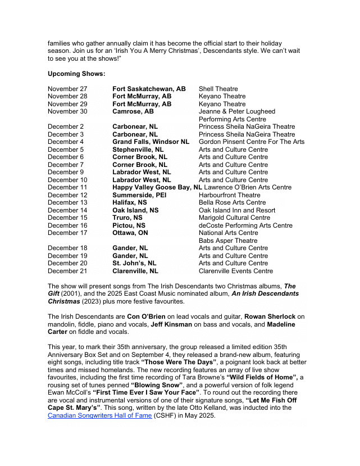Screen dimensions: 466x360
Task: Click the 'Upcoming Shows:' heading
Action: pos(76,74)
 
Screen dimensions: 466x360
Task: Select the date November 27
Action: pos(67,89)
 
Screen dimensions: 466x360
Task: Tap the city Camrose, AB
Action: pos(133,112)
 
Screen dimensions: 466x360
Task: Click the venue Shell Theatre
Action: pos(218,89)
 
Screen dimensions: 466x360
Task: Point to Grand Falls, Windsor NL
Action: pos(151,142)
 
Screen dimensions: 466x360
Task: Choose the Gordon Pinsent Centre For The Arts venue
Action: pos(251,142)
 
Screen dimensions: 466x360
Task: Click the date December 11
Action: pos(67,188)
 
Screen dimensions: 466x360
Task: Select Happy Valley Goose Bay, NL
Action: pos(157,188)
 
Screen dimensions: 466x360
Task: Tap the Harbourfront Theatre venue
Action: pos(229,195)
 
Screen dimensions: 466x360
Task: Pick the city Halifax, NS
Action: pos(129,203)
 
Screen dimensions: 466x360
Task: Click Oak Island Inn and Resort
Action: pos(237,210)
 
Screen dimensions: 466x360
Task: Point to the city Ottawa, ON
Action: pos(130,233)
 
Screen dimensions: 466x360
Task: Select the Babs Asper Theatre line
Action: pos(227,241)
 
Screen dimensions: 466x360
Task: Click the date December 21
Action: pos(67,271)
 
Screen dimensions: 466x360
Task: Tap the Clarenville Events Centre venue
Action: pos(235,271)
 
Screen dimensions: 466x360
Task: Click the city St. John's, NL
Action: pos(134,264)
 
